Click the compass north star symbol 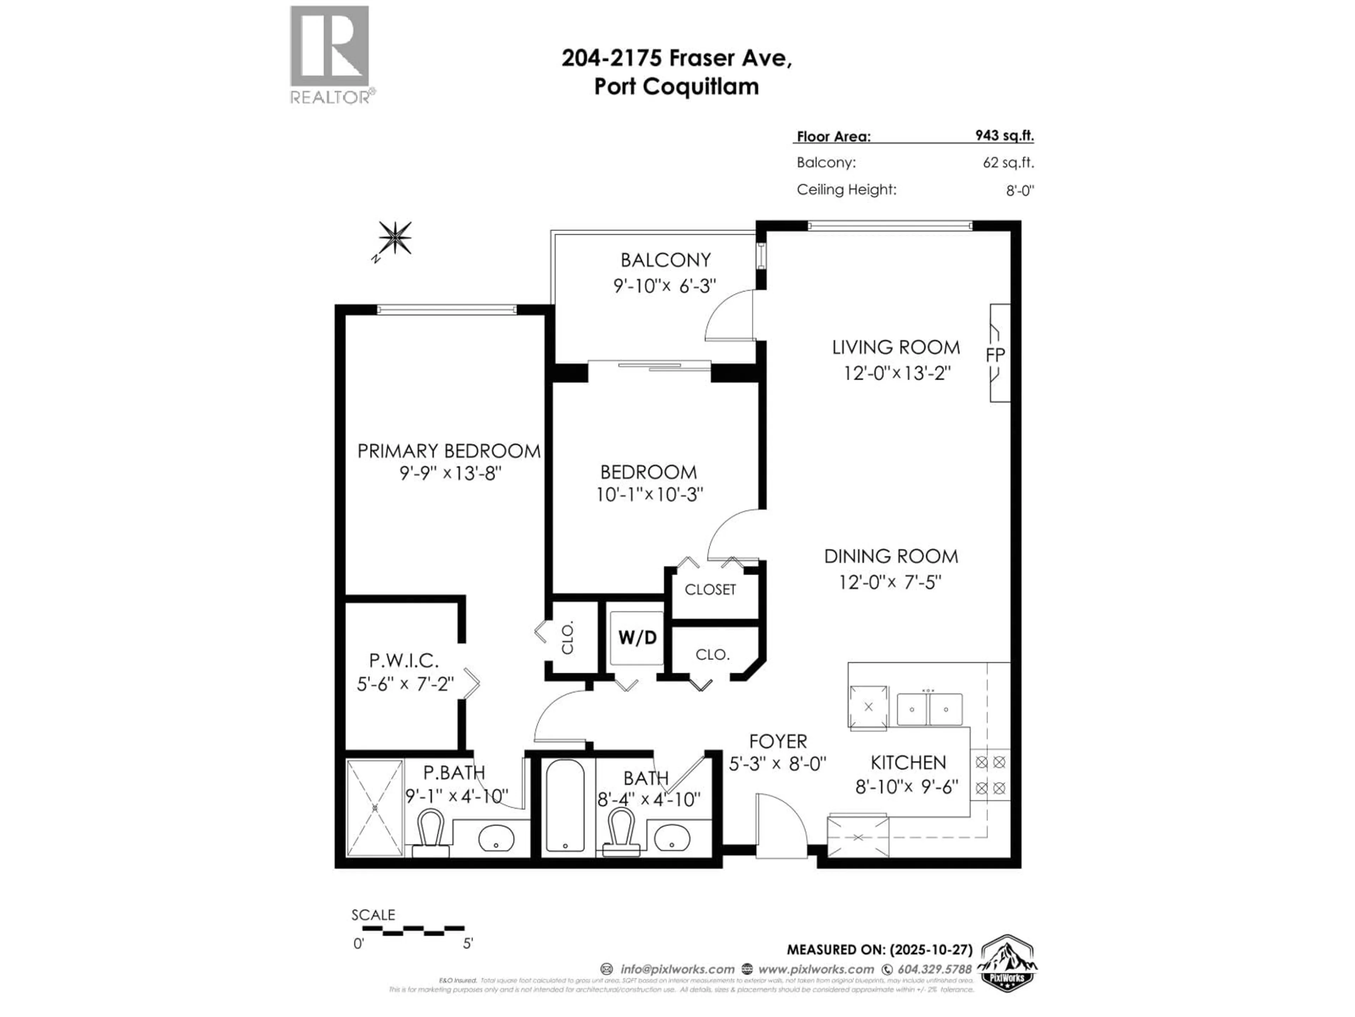[x=395, y=238]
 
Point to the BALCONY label [x=665, y=260]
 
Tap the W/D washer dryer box [x=637, y=637]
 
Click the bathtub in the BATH [x=565, y=805]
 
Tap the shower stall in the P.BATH [x=375, y=808]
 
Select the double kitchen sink [x=929, y=709]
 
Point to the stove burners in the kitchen [x=990, y=775]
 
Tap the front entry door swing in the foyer [x=781, y=825]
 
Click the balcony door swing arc [x=729, y=316]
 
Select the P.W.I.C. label [x=404, y=661]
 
